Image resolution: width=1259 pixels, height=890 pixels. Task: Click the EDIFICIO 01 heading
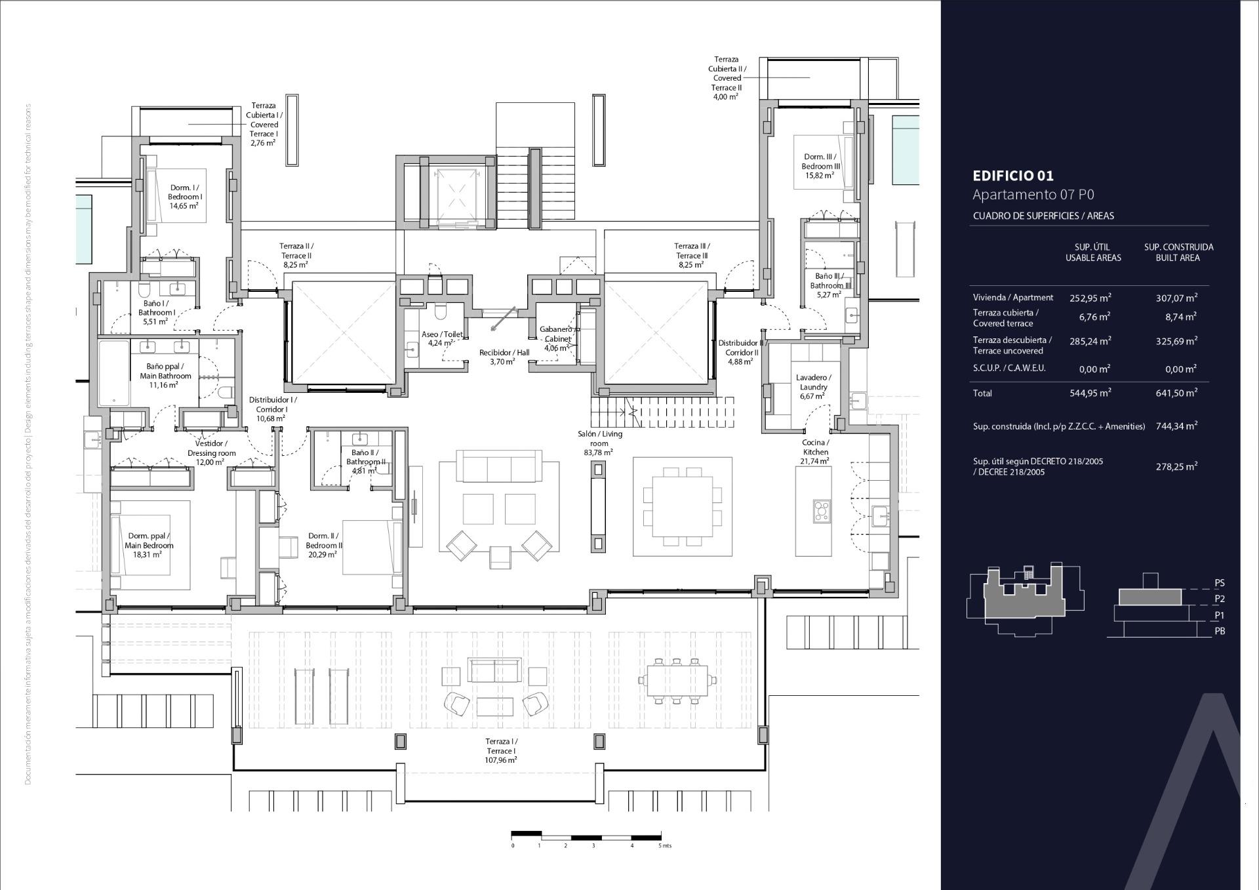(1012, 176)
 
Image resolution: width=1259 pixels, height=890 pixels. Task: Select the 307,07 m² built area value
(1176, 298)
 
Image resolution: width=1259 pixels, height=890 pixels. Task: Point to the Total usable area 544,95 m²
(1090, 393)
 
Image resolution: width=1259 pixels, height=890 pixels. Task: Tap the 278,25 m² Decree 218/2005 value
(1176, 466)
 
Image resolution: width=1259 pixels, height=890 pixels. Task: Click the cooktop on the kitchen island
(821, 511)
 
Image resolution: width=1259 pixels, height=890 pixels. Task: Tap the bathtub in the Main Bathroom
(114, 373)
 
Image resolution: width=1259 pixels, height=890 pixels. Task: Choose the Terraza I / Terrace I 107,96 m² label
(501, 750)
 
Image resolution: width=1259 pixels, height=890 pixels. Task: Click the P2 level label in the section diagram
(1219, 599)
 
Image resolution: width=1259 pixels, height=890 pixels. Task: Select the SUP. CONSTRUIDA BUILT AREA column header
(1178, 253)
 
